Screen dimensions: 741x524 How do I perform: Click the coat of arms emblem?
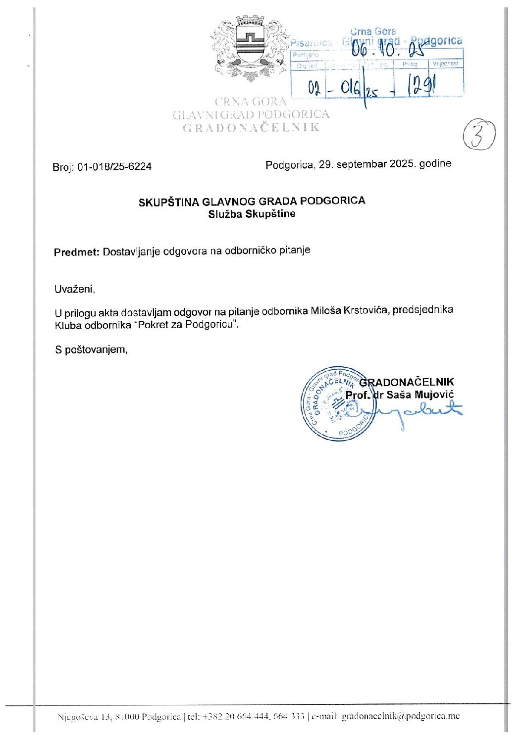tap(250, 49)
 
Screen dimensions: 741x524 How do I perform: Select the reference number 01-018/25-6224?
tap(114, 167)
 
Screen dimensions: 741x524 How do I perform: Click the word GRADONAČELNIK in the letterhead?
tap(251, 128)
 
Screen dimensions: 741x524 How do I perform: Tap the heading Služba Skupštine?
tap(252, 214)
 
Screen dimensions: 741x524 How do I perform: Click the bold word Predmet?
tap(77, 252)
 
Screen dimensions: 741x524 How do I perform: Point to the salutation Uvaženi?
tap(74, 289)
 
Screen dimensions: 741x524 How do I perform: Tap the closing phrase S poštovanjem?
tap(92, 349)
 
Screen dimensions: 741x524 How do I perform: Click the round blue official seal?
tap(335, 404)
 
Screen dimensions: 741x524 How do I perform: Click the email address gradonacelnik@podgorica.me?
tap(401, 716)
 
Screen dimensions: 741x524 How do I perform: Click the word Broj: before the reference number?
tap(63, 167)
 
